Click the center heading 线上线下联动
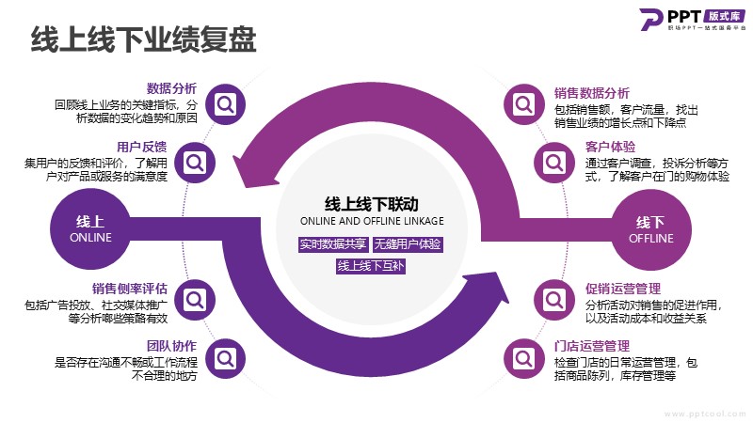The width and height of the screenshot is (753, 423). click(371, 203)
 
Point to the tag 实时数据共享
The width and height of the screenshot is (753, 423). click(332, 244)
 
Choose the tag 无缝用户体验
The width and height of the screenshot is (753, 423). click(408, 244)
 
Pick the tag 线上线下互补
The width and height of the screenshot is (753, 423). click(371, 265)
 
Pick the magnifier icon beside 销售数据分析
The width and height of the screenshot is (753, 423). click(521, 103)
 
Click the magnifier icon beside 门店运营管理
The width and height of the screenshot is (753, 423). click(521, 358)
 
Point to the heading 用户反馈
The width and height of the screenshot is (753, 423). click(142, 147)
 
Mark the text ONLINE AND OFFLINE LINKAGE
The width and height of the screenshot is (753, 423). click(371, 221)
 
